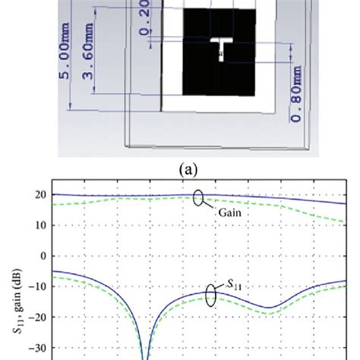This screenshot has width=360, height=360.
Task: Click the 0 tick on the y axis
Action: click(x=40, y=256)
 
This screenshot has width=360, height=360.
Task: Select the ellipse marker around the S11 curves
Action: click(x=211, y=297)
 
